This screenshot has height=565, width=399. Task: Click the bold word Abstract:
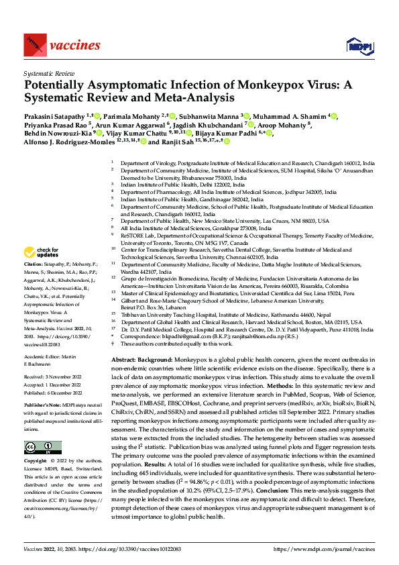tap(125, 360)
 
